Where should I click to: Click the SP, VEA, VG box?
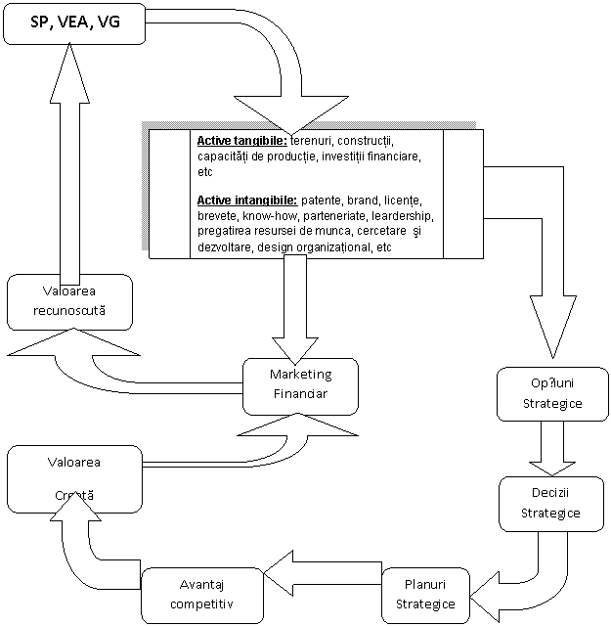coord(76,22)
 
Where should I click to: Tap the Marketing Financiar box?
coord(300,383)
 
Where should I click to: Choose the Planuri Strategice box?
coord(425,593)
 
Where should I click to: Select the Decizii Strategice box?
coord(549,503)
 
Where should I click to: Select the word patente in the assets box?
coord(322,200)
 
